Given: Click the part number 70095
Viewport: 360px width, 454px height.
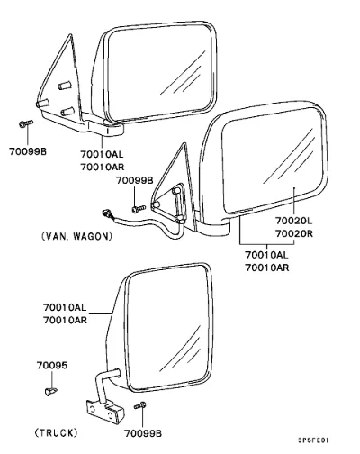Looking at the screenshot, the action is (x=52, y=366).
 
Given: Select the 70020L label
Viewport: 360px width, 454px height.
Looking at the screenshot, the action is (x=293, y=221).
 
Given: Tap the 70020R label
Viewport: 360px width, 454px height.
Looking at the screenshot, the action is (x=294, y=233).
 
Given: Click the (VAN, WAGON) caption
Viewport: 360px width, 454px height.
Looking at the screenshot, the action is (x=76, y=236).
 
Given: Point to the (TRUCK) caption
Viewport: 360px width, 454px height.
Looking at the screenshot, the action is (x=56, y=432).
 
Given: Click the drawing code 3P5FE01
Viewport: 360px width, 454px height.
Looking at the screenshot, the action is (x=313, y=440).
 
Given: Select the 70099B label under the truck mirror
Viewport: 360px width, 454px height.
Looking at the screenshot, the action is (x=143, y=433).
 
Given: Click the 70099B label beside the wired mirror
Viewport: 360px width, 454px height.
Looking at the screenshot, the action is (x=135, y=180).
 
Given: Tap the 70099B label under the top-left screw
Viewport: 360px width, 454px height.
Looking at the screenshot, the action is (x=28, y=151).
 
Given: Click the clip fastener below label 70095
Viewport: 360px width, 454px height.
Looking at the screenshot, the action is (x=50, y=391).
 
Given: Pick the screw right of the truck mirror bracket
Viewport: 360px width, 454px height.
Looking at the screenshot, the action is (x=140, y=405).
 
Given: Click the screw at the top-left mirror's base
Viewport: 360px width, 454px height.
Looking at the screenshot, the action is (x=26, y=123).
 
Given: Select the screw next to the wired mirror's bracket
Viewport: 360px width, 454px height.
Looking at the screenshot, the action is (x=139, y=208).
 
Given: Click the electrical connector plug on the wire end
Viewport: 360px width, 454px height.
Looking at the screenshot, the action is (x=106, y=214).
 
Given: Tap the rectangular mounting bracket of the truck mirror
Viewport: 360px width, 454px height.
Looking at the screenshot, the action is (x=105, y=412).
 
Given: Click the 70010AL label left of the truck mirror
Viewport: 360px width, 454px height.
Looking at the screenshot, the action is (x=65, y=307).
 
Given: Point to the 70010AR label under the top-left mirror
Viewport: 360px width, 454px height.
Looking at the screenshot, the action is (x=102, y=167).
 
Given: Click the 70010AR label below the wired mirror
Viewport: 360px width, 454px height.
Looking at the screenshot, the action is (x=267, y=268).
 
